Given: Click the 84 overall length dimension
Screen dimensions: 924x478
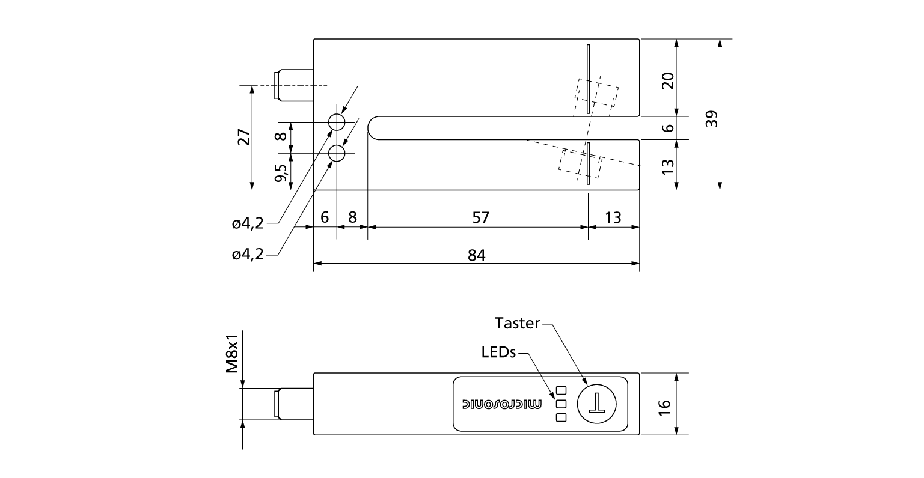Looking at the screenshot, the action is click(477, 255).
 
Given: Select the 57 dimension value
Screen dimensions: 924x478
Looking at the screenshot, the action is click(480, 217).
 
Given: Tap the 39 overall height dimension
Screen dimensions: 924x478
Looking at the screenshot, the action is click(712, 119).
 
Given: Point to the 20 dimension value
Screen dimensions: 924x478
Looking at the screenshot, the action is click(667, 80).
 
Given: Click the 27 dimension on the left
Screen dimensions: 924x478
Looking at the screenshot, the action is click(244, 137).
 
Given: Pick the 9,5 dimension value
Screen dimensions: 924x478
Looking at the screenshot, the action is click(281, 173).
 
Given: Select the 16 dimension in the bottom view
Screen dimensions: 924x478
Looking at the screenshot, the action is click(664, 407).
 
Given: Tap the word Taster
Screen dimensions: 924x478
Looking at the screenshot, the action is click(517, 323).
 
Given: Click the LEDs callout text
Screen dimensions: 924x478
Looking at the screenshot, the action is click(498, 352).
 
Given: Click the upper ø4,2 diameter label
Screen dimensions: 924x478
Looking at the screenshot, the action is click(248, 224).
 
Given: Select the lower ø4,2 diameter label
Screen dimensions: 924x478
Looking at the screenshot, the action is click(248, 254).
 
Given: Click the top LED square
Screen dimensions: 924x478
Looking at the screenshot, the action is click(561, 390).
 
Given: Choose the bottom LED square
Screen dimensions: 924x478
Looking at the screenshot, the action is click(561, 417).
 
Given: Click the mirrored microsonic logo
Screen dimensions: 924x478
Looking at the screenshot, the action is click(501, 404).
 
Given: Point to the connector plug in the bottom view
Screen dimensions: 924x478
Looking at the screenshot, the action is click(294, 404).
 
